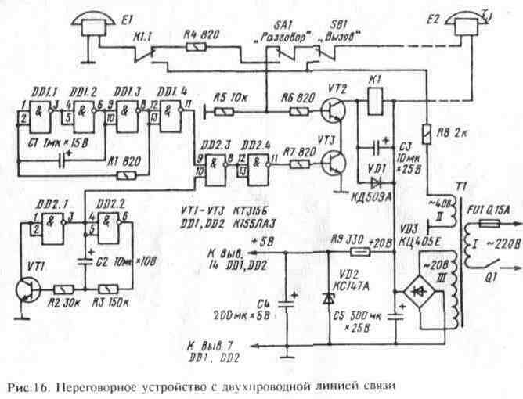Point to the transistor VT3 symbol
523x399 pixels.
(x=335, y=164)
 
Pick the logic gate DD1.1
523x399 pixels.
(x=28, y=120)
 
